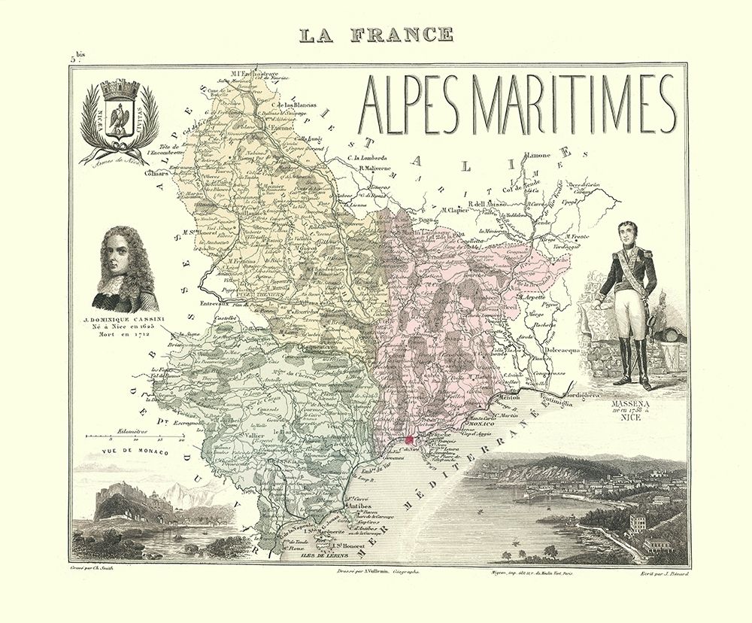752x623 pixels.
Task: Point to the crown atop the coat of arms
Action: click(x=119, y=90)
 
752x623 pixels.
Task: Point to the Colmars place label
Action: click(x=159, y=172)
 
